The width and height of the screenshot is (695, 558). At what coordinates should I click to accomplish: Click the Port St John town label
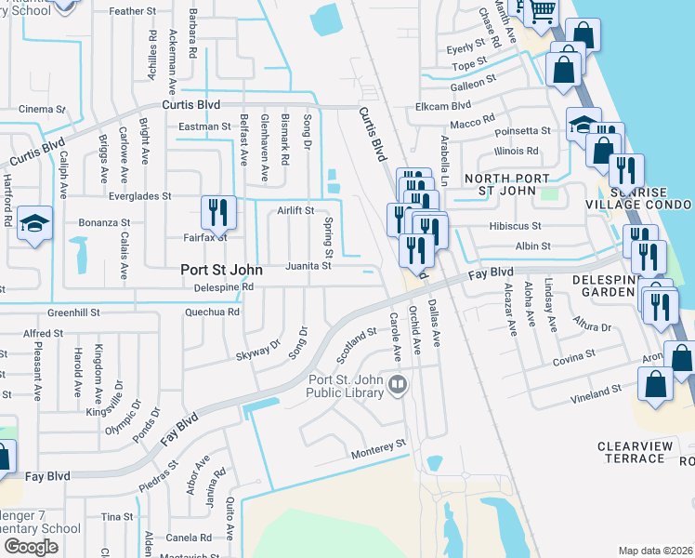click(221, 270)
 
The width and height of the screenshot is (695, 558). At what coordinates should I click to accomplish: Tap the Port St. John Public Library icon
click(398, 383)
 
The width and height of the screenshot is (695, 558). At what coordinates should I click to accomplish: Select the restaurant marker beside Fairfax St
click(218, 212)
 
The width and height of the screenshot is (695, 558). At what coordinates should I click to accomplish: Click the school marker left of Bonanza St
click(34, 223)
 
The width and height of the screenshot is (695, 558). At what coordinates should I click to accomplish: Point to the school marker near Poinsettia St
click(583, 125)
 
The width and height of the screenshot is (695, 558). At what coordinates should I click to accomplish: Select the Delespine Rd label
click(223, 287)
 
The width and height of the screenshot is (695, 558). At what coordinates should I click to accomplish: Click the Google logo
click(31, 547)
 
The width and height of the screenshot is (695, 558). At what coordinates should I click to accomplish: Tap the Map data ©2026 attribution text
click(654, 551)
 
